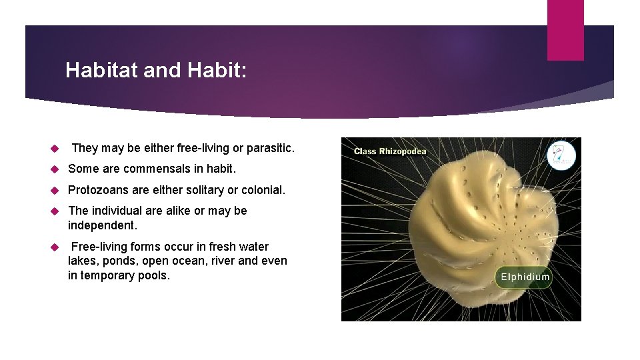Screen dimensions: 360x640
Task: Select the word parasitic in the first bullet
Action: [x=269, y=147]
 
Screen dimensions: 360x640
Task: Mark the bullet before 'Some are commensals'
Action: [x=55, y=169]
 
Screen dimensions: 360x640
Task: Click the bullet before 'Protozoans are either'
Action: [x=55, y=191]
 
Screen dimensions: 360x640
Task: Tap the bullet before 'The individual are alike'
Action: [x=55, y=211]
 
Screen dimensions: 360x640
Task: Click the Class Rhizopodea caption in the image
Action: [x=390, y=151]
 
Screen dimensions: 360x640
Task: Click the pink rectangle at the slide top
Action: [x=565, y=30]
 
